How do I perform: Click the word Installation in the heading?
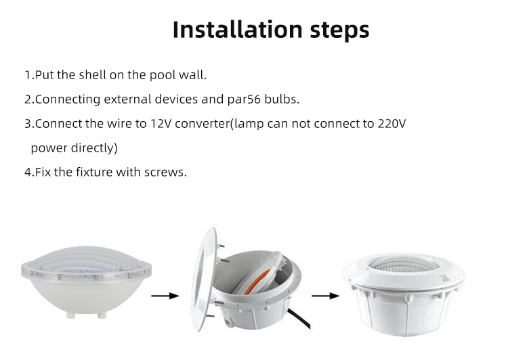228,30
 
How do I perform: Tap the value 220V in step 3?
391,124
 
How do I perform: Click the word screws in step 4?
165,172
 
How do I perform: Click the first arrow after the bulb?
164,295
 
